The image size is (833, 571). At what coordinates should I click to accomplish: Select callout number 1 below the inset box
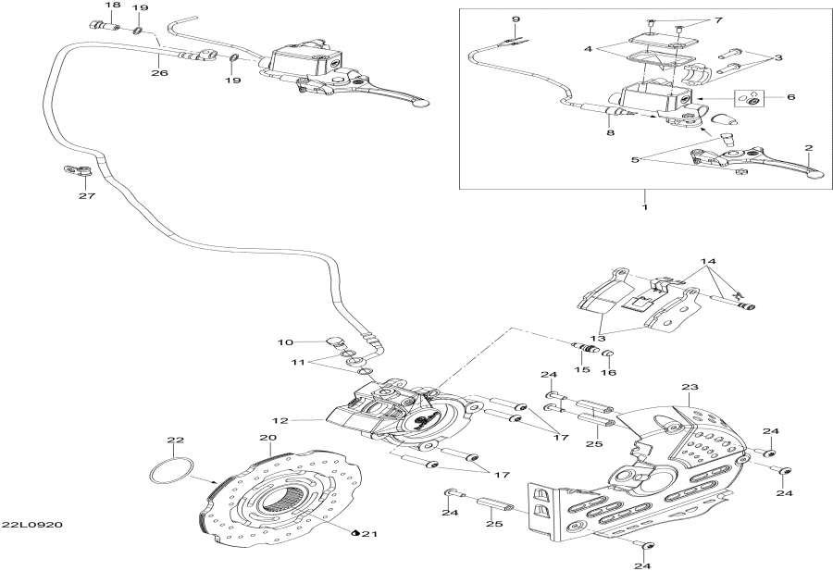(644, 206)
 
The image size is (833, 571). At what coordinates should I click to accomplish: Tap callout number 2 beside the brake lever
(808, 148)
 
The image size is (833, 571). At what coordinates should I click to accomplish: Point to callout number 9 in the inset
(516, 19)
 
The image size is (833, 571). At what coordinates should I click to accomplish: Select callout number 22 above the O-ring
(176, 440)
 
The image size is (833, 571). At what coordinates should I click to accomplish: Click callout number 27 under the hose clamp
(86, 197)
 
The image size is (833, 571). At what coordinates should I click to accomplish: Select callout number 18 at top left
(112, 6)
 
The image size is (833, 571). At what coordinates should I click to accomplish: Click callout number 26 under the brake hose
(158, 73)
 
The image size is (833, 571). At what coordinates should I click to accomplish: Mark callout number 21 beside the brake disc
(371, 534)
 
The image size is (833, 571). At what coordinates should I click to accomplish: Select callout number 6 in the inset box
(790, 96)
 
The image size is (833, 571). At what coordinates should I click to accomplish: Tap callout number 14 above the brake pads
(708, 262)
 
